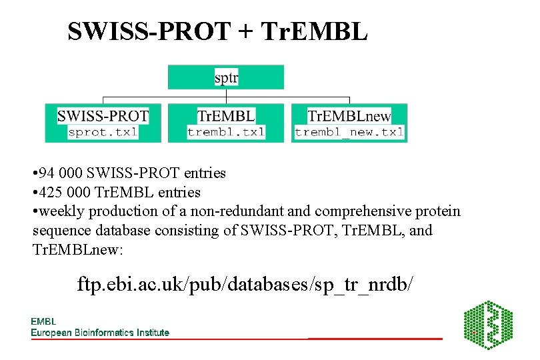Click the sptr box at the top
pos(226,77)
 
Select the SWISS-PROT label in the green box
pos(103,115)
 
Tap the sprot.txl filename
pos(103,132)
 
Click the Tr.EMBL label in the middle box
pos(226,115)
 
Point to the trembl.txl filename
pos(226,132)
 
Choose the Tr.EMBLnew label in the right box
pos(349,115)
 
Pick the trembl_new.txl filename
pos(349,132)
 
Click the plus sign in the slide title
pos(249,31)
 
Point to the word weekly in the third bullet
pos(59,211)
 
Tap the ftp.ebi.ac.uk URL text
pos(245,284)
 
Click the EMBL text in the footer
pos(43,322)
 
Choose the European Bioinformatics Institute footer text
pos(100,332)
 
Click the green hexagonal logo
pos(488,325)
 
